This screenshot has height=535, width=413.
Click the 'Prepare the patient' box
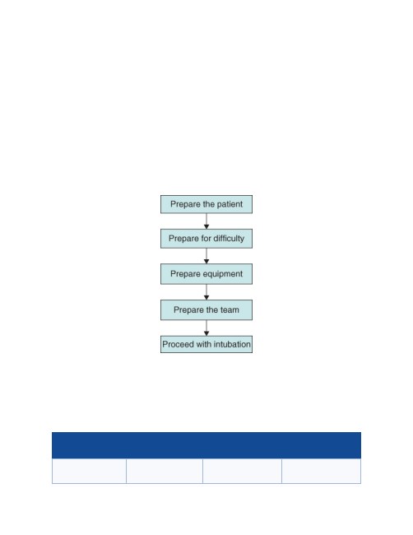pyautogui.click(x=206, y=204)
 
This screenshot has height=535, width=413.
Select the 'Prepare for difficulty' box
pyautogui.click(x=206, y=239)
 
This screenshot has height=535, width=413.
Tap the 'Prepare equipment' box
pyautogui.click(x=206, y=274)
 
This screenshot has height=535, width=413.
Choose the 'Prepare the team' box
pyautogui.click(x=206, y=309)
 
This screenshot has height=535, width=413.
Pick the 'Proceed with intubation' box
pyautogui.click(x=206, y=344)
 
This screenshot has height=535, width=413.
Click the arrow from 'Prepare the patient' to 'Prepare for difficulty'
pyautogui.click(x=206, y=221)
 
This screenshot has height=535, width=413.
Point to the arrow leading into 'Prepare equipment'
pyautogui.click(x=206, y=256)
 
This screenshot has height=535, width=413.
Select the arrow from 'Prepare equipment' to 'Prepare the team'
pyautogui.click(x=206, y=292)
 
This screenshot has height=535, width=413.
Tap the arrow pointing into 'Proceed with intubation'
pyautogui.click(x=206, y=328)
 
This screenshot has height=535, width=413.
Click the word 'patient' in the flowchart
pyautogui.click(x=230, y=204)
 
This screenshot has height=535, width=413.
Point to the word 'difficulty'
pyautogui.click(x=229, y=238)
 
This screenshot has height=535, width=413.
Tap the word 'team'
pyautogui.click(x=230, y=309)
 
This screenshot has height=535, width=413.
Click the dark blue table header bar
pyautogui.click(x=206, y=445)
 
